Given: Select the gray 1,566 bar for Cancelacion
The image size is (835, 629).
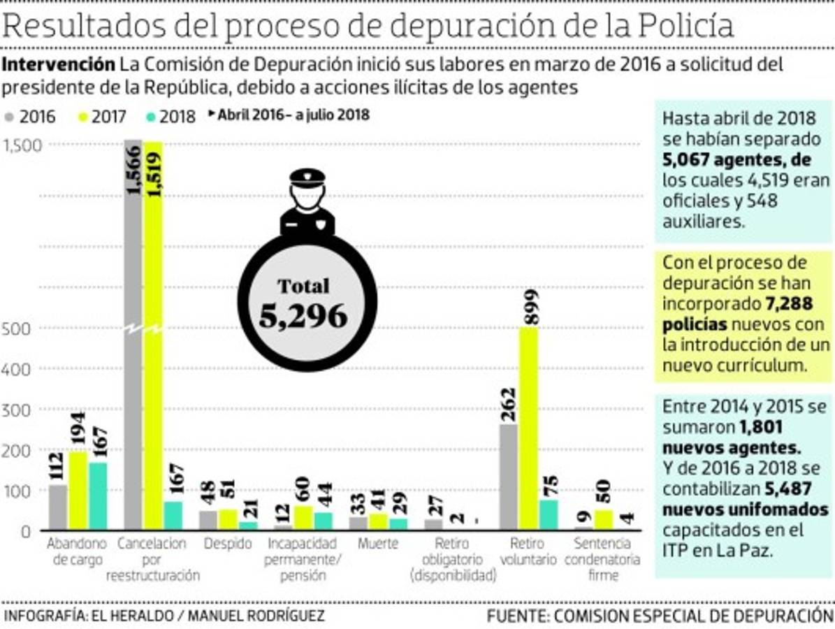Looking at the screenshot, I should pos(133,335).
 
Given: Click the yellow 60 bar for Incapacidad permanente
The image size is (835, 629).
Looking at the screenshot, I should pos(303,517).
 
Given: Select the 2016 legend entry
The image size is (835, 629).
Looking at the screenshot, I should pos(31,117).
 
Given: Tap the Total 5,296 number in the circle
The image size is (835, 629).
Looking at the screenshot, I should pos(303,316).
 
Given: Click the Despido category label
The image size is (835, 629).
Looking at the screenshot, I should pos(228,544).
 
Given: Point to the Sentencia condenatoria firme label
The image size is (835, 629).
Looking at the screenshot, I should pos(602,559).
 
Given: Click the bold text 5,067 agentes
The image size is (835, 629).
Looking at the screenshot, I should pos(737,160).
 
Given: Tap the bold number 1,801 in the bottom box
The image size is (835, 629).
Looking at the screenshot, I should pos(760,427).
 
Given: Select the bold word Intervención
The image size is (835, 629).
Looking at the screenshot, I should pos(59,65).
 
